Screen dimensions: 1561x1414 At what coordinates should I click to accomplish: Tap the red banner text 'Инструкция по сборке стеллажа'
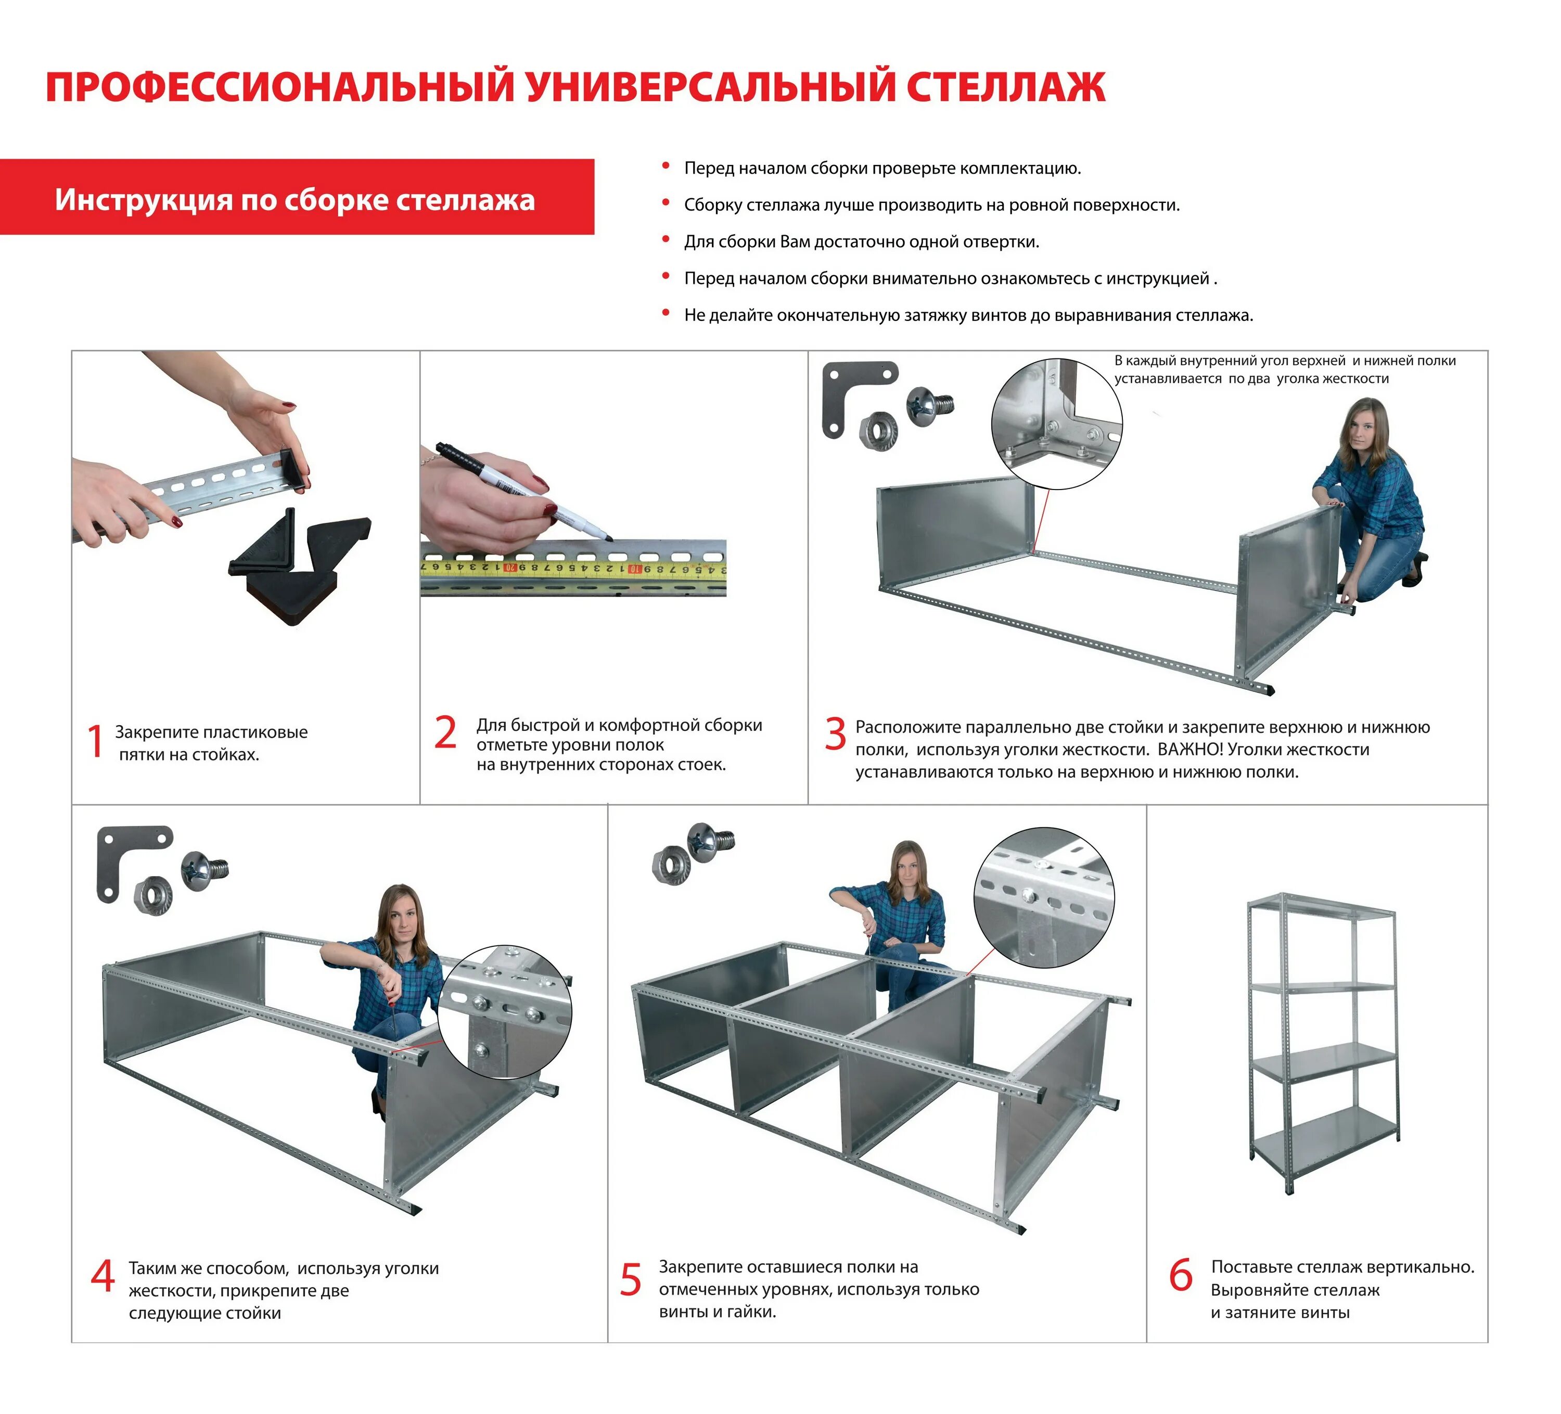(x=294, y=200)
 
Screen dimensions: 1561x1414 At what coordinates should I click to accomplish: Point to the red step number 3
(x=835, y=734)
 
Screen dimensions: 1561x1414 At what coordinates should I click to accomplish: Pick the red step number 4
(x=102, y=1276)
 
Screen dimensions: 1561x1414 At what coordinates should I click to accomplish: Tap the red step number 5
(x=630, y=1279)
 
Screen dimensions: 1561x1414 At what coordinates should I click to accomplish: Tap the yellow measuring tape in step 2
(x=573, y=569)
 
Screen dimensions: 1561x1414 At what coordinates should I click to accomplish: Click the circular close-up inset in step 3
(x=1056, y=423)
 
